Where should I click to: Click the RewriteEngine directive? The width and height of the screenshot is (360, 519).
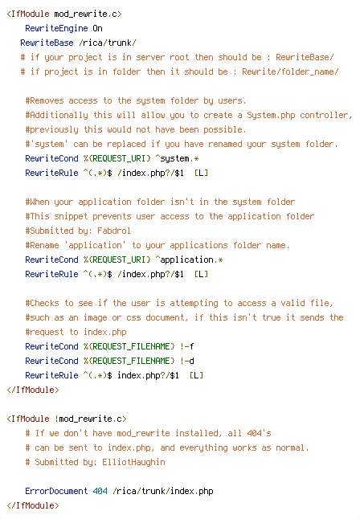[56, 28]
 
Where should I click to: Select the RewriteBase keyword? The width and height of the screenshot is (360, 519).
[47, 43]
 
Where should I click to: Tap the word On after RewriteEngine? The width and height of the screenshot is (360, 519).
[97, 28]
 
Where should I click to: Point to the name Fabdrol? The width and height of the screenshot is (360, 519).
[114, 231]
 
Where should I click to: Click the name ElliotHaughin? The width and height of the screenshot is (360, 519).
[133, 462]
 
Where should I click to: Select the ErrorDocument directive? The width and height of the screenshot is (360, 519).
[56, 491]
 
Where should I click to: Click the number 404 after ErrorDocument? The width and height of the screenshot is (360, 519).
[100, 491]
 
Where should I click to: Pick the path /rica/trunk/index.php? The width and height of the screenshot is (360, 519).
[162, 491]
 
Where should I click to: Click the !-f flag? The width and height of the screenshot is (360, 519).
[186, 346]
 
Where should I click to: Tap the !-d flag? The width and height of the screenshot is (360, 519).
[186, 361]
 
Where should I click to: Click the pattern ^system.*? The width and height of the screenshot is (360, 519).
[177, 158]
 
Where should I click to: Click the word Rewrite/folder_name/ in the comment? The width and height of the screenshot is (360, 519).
[290, 72]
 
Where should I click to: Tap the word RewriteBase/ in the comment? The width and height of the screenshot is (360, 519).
[305, 57]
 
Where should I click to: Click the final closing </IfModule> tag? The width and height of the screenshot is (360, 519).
[33, 505]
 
